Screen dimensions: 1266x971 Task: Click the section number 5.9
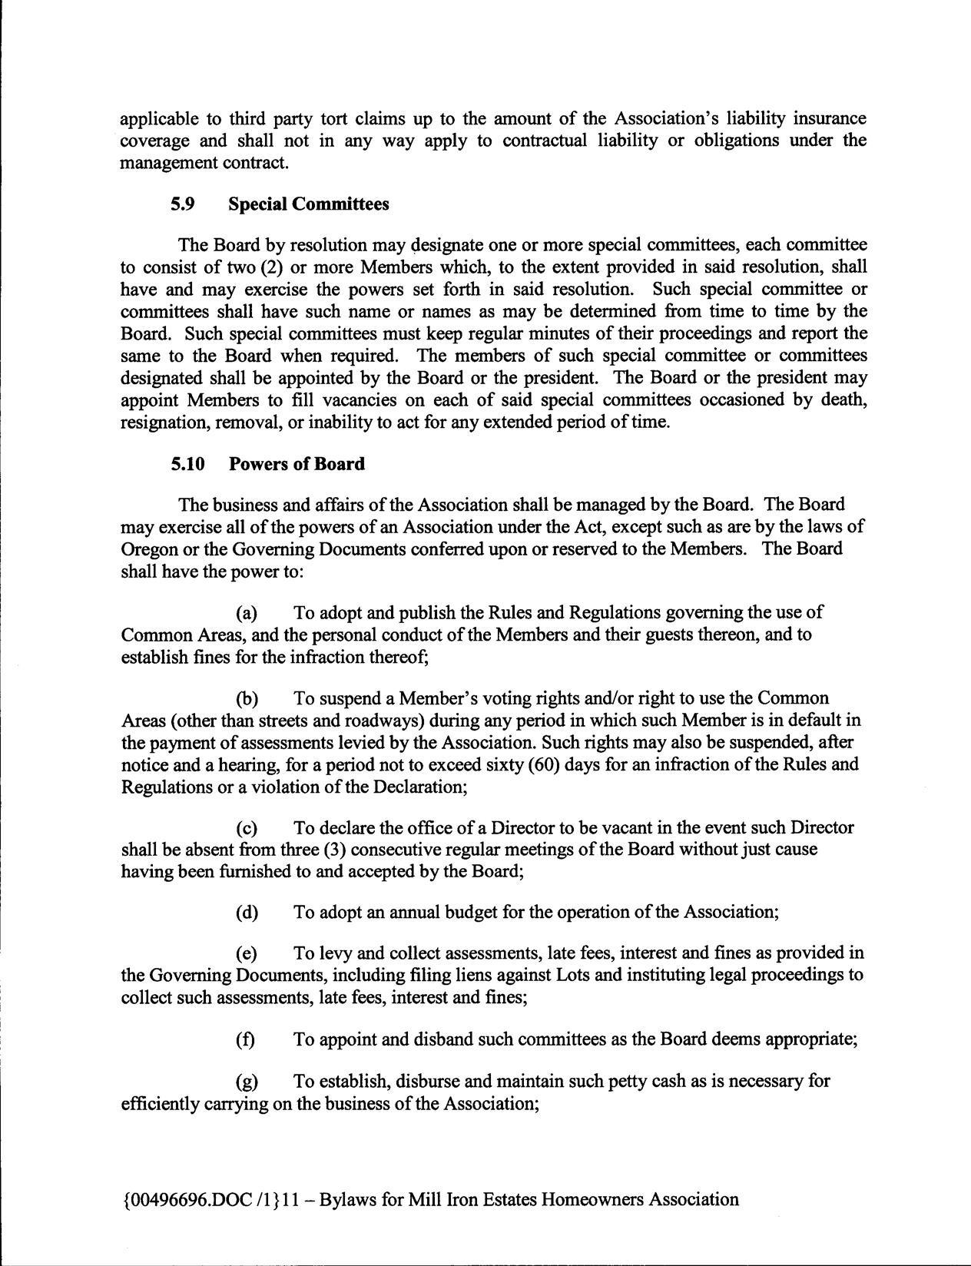(x=183, y=204)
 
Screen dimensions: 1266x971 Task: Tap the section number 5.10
(x=187, y=464)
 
